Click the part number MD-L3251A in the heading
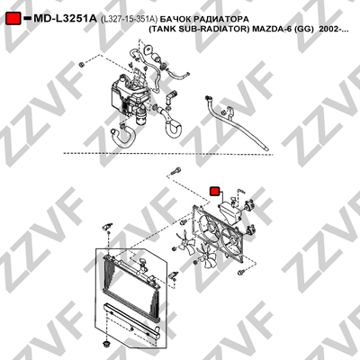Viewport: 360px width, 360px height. pyautogui.click(x=65, y=19)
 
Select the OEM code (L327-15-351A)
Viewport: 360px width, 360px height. pyautogui.click(x=129, y=19)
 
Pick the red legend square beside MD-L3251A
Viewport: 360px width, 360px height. pyautogui.click(x=13, y=19)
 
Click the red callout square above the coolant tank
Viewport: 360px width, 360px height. pyautogui.click(x=214, y=191)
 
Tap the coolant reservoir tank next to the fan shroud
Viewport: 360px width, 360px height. pyautogui.click(x=229, y=212)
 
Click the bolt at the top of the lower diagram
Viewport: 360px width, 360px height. pyautogui.click(x=175, y=170)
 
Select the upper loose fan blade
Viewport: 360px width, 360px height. pyautogui.click(x=186, y=242)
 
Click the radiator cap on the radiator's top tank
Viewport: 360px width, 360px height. pyautogui.click(x=142, y=263)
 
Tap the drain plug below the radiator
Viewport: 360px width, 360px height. pyautogui.click(x=105, y=344)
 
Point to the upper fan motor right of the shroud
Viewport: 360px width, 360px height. pyautogui.click(x=249, y=205)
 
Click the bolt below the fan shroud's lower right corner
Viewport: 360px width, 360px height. pyautogui.click(x=240, y=273)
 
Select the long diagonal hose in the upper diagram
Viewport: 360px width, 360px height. pyautogui.click(x=236, y=122)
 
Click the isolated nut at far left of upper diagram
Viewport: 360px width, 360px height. pyautogui.click(x=81, y=65)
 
